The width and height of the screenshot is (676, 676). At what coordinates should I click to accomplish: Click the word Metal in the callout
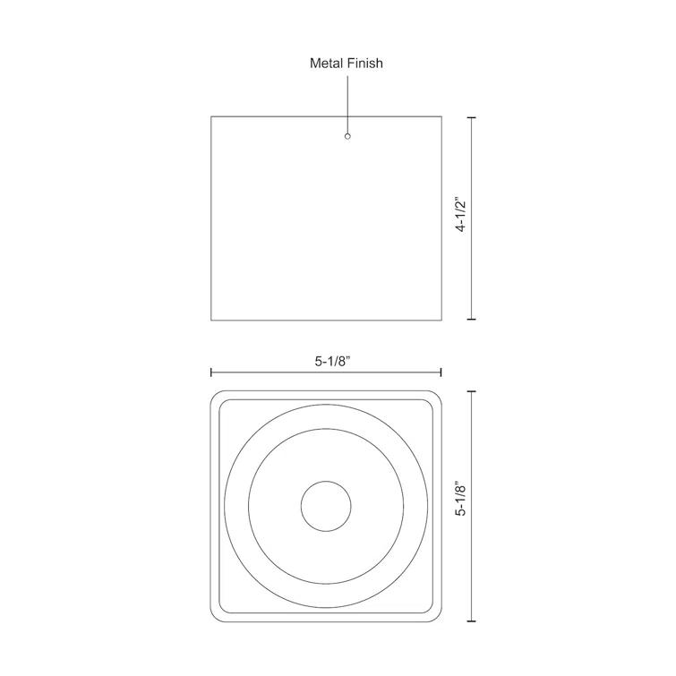326,64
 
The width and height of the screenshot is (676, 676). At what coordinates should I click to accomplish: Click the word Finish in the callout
365,64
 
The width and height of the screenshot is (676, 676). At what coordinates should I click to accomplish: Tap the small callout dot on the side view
347,136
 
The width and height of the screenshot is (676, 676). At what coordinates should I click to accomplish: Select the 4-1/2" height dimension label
461,215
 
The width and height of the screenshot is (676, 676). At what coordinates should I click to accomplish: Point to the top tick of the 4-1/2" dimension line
472,117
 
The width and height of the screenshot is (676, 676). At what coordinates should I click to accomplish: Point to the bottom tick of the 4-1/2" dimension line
472,319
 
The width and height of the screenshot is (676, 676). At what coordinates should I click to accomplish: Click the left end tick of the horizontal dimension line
211,372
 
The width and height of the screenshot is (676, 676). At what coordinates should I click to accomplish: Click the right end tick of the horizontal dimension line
441,372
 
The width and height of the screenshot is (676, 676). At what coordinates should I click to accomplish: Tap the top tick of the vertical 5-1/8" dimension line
472,391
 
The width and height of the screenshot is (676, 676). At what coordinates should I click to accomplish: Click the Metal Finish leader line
347,103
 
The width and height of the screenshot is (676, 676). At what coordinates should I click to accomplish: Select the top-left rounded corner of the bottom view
217,397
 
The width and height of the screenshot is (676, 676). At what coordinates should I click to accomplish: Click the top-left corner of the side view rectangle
211,116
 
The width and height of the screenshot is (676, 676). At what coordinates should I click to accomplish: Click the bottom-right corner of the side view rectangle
441,319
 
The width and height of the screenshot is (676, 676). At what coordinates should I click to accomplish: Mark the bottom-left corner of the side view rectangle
211,319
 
